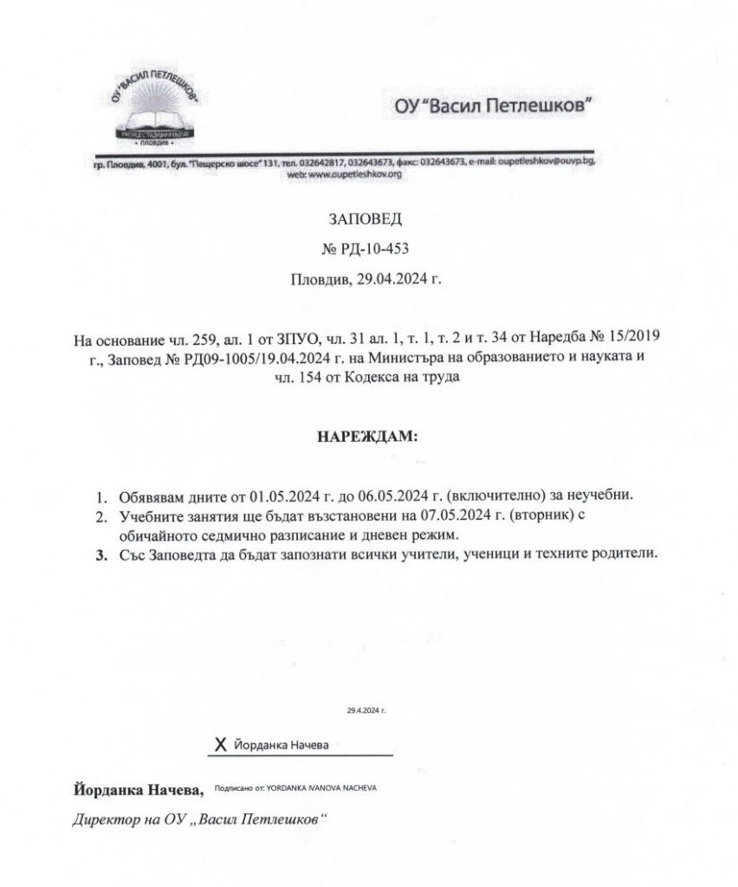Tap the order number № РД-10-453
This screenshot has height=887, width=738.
point(368,250)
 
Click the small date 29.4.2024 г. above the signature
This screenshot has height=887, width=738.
point(366,709)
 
